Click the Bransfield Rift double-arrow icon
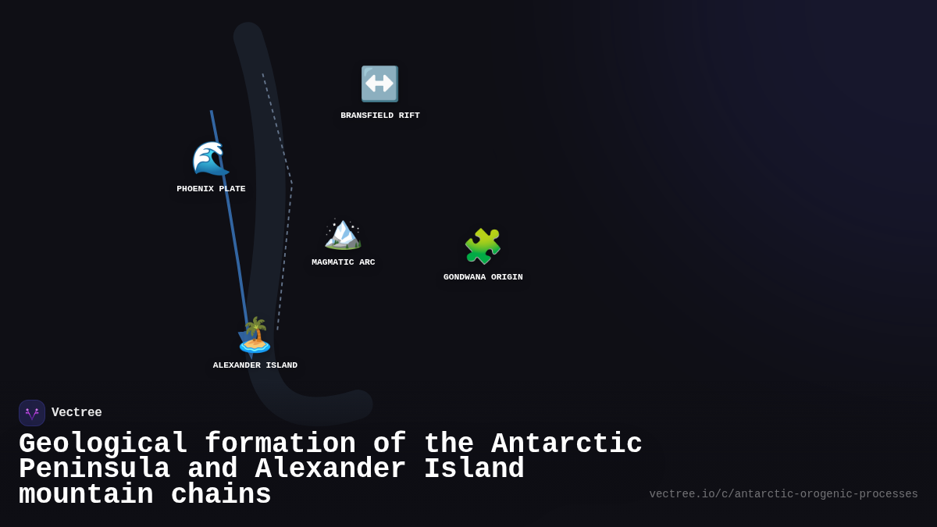pos(379,84)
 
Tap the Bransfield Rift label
pos(380,116)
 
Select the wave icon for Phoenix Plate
pos(211,158)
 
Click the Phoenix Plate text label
pos(211,189)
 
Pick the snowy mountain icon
pos(343,233)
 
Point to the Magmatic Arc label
pos(344,262)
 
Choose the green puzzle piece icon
pos(483,247)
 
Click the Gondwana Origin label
pos(483,277)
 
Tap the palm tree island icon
pos(255,335)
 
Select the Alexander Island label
pos(255,365)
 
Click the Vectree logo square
pos(32,413)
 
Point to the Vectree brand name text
pos(77,413)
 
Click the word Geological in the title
pos(103,444)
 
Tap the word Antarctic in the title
pos(566,444)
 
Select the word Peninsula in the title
pos(94,469)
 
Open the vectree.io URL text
pos(783,494)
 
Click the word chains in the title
pos(221,495)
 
